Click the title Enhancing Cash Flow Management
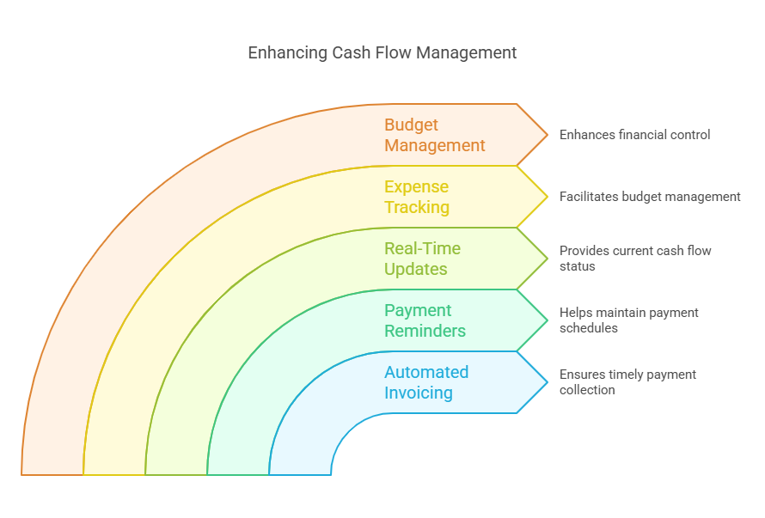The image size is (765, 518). (x=382, y=52)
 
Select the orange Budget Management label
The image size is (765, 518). (x=435, y=135)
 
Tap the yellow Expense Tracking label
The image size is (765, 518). (x=417, y=197)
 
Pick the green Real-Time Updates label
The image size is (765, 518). (x=423, y=259)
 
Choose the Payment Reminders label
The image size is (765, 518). (x=425, y=320)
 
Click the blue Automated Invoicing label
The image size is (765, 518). (x=426, y=382)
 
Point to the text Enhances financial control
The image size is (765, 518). (x=634, y=135)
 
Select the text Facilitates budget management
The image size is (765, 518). (x=650, y=197)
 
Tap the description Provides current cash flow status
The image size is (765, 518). (x=635, y=259)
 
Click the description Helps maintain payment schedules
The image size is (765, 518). (x=629, y=320)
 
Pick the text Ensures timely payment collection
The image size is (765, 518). (x=628, y=382)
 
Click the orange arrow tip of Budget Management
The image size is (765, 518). (x=548, y=135)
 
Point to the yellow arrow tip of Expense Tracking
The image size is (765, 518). (x=548, y=197)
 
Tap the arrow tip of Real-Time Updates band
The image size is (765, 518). (x=548, y=259)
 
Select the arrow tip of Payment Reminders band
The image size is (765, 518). (x=548, y=320)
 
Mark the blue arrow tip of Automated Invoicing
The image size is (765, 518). (x=548, y=382)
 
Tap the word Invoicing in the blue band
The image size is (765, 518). (x=419, y=393)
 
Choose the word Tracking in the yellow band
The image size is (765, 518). (x=417, y=207)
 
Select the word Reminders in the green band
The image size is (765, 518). (x=425, y=331)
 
